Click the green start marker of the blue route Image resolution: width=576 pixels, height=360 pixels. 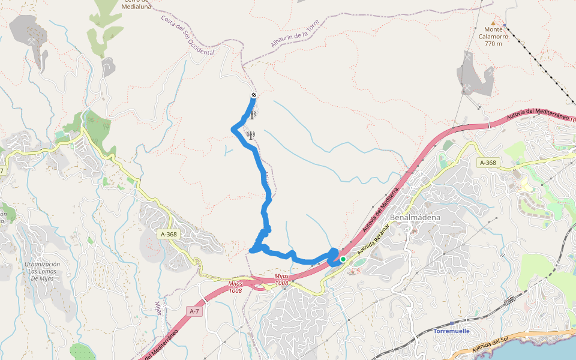tap(343, 259)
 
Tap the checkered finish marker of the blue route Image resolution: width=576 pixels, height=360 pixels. tap(254, 95)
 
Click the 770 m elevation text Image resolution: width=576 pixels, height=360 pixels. tap(493, 44)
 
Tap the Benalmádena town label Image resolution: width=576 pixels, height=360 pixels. tap(415, 217)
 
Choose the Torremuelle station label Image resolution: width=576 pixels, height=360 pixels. tap(451, 331)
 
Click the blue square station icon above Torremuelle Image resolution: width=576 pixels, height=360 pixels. tap(452, 323)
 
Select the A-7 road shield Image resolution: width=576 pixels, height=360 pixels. tap(194, 311)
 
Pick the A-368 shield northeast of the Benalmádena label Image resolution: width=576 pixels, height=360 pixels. tap(488, 163)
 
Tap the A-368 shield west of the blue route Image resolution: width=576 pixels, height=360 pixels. tap(169, 235)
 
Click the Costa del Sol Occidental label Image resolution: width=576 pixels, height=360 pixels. tap(187, 35)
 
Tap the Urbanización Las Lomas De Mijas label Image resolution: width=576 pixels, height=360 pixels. tap(42, 271)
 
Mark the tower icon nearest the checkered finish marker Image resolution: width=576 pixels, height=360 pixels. tap(253, 114)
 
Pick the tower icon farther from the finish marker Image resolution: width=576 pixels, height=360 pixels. tap(250, 136)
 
